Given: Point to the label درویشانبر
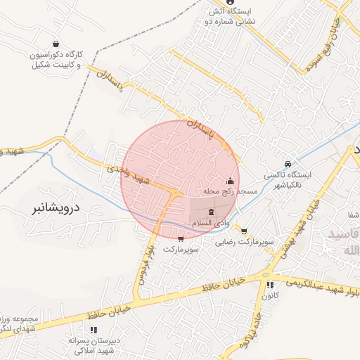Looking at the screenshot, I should point(57,208).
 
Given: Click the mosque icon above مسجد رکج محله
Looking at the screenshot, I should point(231,180).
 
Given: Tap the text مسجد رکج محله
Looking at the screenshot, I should point(230,191).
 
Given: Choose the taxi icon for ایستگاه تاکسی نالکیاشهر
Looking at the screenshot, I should point(287,164).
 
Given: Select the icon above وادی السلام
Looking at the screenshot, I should point(212,212).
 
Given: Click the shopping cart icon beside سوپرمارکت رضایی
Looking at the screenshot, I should point(244,231).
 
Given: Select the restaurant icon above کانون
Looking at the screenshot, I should point(270,285).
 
